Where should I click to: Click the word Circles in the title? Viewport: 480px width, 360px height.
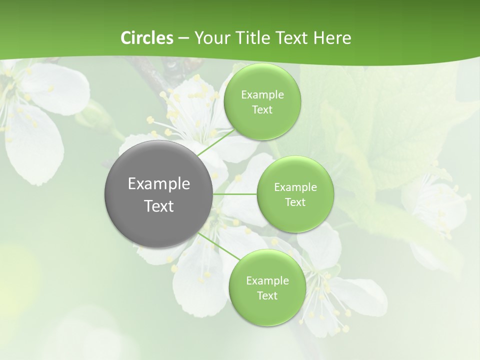[146, 38]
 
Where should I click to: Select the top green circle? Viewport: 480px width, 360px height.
[262, 101]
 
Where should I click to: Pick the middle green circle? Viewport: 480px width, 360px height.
[295, 194]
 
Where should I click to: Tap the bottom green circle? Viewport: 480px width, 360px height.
[267, 287]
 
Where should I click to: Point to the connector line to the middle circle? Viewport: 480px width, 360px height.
[235, 194]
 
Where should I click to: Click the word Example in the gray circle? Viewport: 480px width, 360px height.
[159, 184]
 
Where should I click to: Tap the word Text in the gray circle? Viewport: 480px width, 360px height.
[159, 206]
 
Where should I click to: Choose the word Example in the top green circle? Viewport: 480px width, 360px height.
[262, 95]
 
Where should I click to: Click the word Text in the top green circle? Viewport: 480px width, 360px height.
[262, 110]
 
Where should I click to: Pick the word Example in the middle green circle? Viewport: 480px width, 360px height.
[295, 187]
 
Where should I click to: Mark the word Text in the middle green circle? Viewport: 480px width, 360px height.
[295, 202]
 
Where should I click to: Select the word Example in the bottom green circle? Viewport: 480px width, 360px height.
[267, 281]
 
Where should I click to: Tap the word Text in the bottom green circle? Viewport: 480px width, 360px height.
[267, 296]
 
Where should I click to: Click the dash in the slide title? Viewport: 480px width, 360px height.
[183, 38]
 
